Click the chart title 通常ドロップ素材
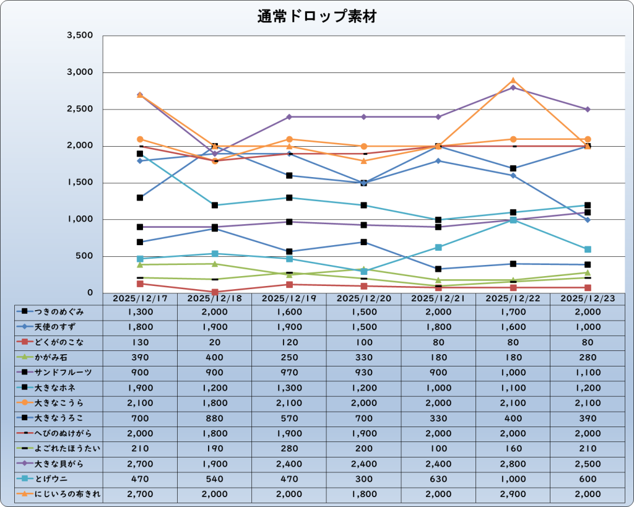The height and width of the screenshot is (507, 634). (x=316, y=17)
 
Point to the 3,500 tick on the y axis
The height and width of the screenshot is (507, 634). (x=79, y=36)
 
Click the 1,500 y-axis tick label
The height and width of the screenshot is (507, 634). (x=79, y=183)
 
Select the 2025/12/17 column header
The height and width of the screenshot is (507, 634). (x=140, y=298)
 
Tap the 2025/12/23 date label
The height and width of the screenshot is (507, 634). (x=587, y=298)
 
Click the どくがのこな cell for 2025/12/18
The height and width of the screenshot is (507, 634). (x=214, y=342)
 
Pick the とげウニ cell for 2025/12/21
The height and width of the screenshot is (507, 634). (x=438, y=479)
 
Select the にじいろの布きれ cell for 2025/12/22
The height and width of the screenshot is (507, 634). (x=513, y=494)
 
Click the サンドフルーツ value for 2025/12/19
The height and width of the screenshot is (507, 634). (x=289, y=373)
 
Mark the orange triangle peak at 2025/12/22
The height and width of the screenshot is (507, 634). (x=513, y=80)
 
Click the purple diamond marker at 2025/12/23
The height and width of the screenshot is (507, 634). (x=588, y=110)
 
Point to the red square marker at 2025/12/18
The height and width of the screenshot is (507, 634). (x=214, y=292)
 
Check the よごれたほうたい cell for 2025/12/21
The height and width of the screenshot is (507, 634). (x=438, y=448)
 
